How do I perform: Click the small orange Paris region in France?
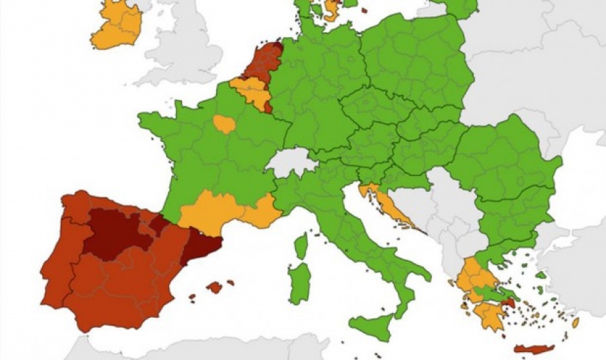pyautogui.click(x=225, y=125)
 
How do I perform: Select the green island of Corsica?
pyautogui.click(x=302, y=247)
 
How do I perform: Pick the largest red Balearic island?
pyautogui.click(x=214, y=287)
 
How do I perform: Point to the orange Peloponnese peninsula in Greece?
pyautogui.click(x=488, y=314)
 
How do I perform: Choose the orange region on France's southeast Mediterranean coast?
pyautogui.click(x=264, y=212)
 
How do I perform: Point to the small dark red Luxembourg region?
pyautogui.click(x=268, y=108)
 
